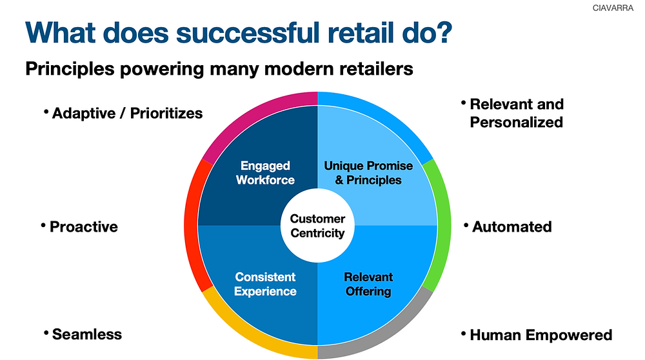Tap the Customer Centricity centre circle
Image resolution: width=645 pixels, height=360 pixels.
point(317,226)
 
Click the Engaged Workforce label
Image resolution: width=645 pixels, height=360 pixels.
point(265,173)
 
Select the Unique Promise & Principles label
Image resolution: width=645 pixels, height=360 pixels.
point(368,173)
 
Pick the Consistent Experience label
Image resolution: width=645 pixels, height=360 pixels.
point(265,284)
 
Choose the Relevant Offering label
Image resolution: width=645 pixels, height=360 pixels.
point(368,284)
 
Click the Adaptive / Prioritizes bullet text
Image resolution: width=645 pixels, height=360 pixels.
point(127,114)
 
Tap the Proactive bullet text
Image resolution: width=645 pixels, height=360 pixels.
point(83,226)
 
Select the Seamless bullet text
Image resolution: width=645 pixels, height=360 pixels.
point(86,334)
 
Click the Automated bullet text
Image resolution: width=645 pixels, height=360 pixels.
point(511,226)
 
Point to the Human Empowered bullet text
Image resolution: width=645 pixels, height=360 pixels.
point(541,335)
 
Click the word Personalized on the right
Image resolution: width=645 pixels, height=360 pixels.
point(516,122)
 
